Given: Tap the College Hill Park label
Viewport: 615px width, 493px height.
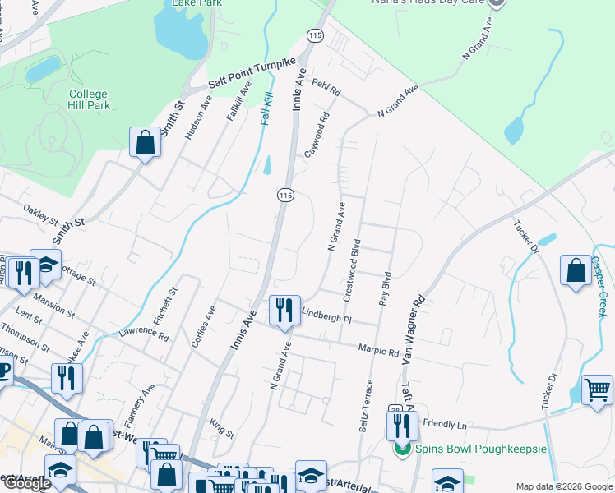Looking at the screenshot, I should [89, 99].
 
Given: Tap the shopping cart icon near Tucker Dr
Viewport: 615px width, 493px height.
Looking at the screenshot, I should [597, 389].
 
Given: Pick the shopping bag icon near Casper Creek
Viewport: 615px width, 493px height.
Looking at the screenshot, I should [576, 271].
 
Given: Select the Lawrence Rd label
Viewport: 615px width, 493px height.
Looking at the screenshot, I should [144, 334].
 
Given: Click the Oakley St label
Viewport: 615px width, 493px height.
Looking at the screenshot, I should [41, 216].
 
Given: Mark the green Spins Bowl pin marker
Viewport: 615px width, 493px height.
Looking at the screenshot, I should [402, 449].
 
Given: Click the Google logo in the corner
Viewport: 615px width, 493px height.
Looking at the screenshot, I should [27, 483].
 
